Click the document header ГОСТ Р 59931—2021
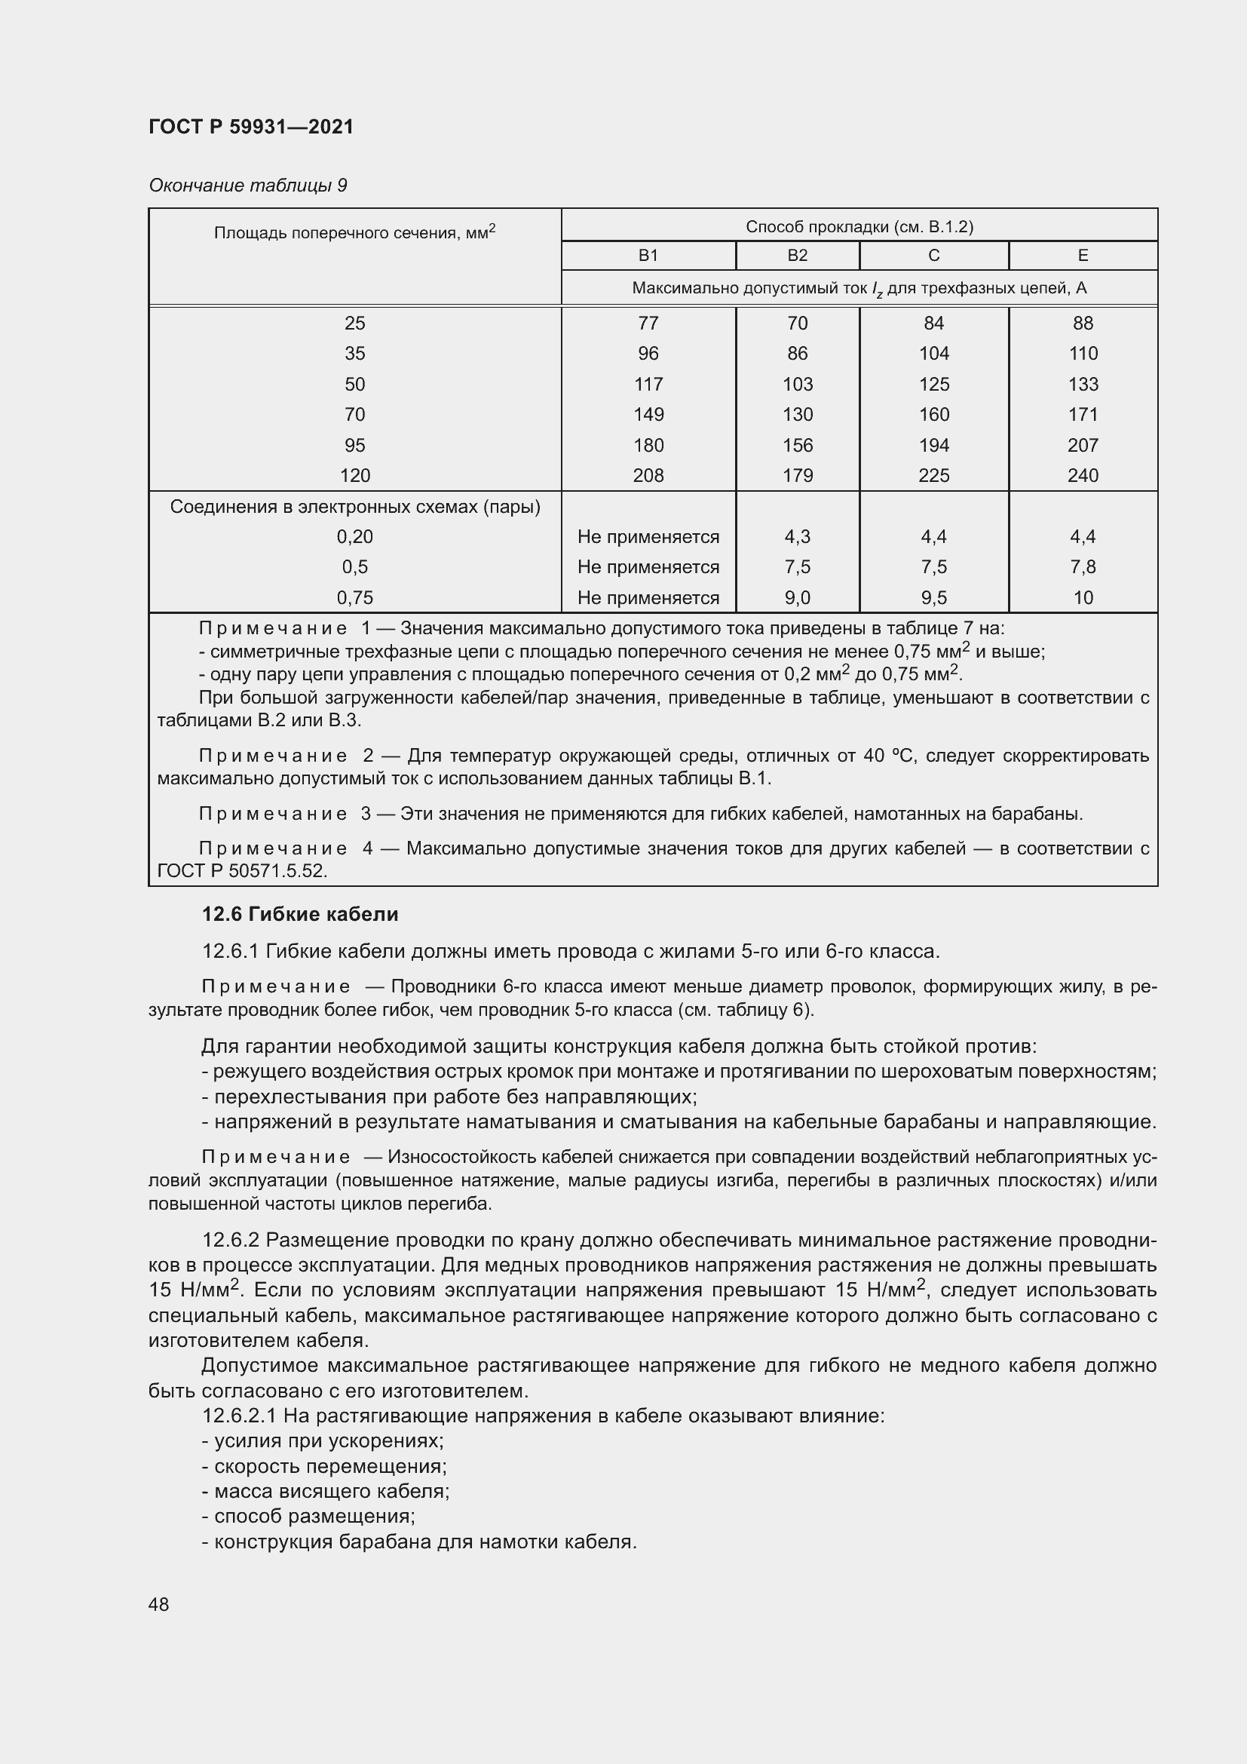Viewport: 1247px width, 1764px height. click(251, 127)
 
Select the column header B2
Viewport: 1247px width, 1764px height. click(797, 255)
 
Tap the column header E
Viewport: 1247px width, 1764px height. click(1083, 255)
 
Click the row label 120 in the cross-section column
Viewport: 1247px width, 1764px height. click(355, 476)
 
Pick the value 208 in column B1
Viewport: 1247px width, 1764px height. click(648, 476)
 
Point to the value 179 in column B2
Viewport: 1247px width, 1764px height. click(797, 476)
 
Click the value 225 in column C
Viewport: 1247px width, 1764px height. click(933, 476)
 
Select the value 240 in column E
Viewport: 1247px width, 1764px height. click(1083, 476)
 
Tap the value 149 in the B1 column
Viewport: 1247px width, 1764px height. click(648, 415)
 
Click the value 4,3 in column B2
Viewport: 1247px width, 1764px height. click(797, 537)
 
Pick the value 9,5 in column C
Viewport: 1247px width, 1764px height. click(933, 598)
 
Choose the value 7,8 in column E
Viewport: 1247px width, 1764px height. click(1083, 567)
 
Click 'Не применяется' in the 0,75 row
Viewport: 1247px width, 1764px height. click(648, 598)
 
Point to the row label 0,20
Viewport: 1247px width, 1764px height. click(355, 537)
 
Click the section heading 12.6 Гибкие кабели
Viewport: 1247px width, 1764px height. click(299, 914)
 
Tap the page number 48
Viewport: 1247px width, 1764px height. click(159, 1604)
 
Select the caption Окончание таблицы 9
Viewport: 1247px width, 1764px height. click(247, 186)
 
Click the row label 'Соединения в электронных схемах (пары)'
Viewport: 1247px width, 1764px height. click(355, 507)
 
